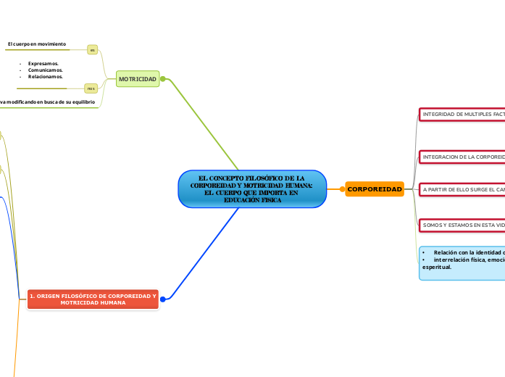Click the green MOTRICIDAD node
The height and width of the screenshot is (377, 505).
tap(138, 78)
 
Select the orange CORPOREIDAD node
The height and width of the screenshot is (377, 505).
tap(375, 189)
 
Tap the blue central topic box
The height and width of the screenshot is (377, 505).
tap(252, 189)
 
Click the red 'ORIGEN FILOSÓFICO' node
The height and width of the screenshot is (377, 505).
tap(93, 299)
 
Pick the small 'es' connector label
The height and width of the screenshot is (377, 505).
tap(93, 49)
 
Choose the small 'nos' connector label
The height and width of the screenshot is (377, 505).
tap(91, 88)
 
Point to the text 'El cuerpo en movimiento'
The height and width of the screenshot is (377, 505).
tap(37, 44)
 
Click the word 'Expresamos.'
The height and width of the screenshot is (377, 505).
tap(43, 64)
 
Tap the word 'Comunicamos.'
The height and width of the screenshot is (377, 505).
tap(45, 70)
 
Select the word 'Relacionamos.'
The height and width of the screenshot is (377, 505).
tap(46, 76)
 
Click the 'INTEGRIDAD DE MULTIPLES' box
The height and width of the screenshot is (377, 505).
tap(462, 115)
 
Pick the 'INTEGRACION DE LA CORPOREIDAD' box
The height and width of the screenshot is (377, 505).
tap(462, 157)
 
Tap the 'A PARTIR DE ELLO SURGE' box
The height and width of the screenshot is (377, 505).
tap(462, 189)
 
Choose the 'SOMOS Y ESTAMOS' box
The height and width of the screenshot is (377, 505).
tap(462, 225)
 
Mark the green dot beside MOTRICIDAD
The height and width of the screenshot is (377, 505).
tap(163, 79)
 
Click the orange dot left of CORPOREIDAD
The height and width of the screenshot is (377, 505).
tap(342, 189)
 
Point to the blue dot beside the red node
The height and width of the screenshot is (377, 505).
tap(163, 299)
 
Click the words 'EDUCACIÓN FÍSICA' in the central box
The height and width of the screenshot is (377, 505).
tap(252, 200)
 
